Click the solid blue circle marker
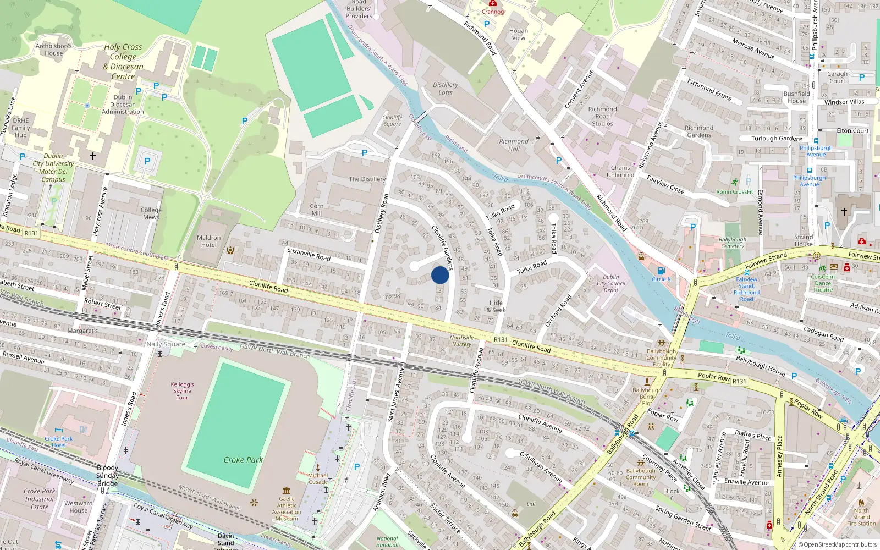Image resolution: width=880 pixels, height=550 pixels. (x=440, y=275)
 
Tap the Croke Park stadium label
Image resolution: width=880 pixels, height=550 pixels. (x=243, y=460)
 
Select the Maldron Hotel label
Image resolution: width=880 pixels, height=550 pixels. (x=209, y=241)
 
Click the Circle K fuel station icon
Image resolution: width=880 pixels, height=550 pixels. (x=662, y=271)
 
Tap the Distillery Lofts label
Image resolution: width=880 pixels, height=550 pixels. (x=446, y=89)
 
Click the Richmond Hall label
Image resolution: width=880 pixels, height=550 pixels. (x=514, y=145)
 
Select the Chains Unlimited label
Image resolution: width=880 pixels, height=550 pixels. (x=620, y=172)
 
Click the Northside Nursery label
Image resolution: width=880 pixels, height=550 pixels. (x=461, y=341)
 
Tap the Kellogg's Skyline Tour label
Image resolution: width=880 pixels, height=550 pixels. (x=182, y=391)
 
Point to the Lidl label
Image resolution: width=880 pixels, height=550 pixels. (x=531, y=504)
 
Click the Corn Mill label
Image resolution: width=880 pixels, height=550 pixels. (x=317, y=210)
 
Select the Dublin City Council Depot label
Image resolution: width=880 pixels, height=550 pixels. (x=611, y=283)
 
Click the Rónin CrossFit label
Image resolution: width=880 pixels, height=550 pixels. (x=735, y=192)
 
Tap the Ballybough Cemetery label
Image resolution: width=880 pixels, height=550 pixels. (x=733, y=243)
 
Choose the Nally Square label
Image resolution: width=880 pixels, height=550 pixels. (x=166, y=344)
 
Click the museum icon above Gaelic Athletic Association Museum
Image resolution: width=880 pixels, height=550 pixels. (x=287, y=491)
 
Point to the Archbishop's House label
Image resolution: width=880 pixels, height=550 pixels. (x=54, y=50)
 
